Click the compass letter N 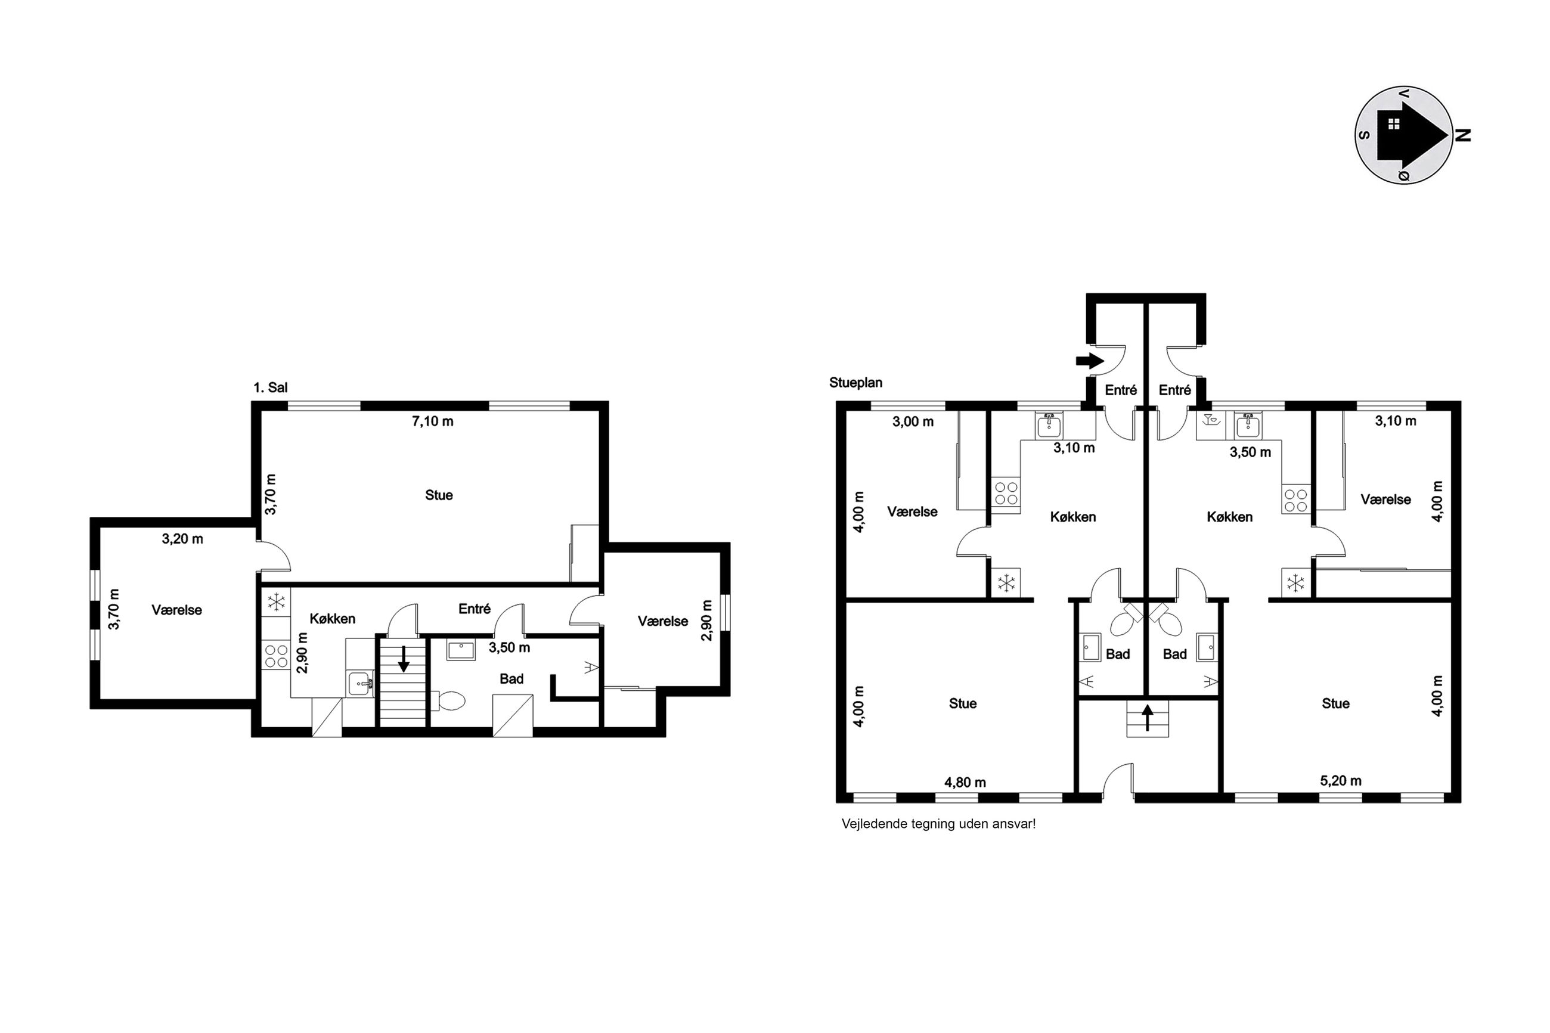point(1462,135)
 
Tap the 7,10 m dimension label point(432,421)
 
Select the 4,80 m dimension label point(965,783)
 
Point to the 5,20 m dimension point(1341,781)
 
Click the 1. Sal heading point(270,387)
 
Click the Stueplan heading point(855,383)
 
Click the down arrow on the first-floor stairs point(404,659)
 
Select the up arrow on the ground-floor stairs point(1147,718)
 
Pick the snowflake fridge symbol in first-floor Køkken point(276,601)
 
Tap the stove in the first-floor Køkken point(276,656)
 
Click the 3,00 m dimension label point(913,422)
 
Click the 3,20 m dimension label point(182,539)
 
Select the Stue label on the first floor point(439,495)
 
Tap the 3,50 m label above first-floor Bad point(509,647)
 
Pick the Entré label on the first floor point(475,609)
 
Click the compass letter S point(1364,136)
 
